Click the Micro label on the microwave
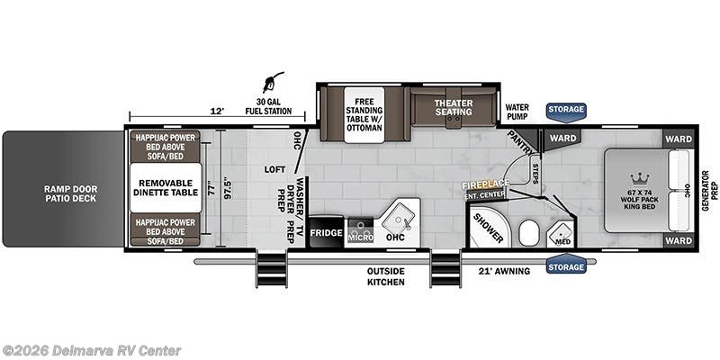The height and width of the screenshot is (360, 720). coord(360,237)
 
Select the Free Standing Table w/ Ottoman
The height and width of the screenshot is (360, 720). coord(364,115)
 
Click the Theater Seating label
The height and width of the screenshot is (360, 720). coord(454,109)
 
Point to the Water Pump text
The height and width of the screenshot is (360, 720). coord(517,112)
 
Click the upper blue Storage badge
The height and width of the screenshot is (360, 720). coord(566,110)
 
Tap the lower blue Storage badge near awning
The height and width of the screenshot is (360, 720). coord(566,266)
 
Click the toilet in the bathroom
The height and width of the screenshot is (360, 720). coord(529,233)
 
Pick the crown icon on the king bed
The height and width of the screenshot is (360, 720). coord(641,177)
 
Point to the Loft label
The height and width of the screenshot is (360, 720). coord(274,169)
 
